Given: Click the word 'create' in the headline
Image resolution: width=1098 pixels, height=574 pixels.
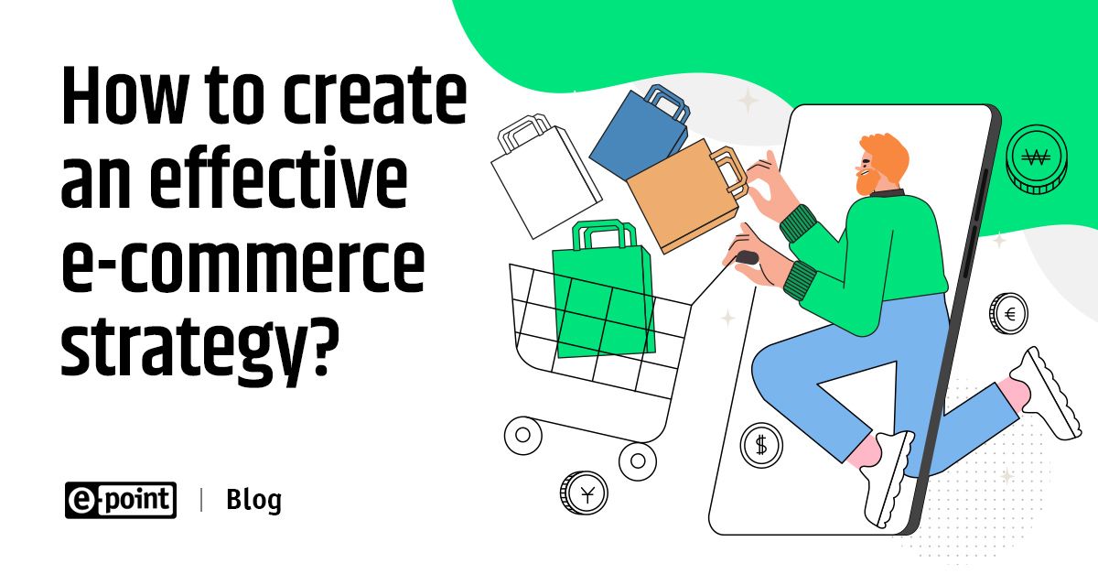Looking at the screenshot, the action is point(375,95).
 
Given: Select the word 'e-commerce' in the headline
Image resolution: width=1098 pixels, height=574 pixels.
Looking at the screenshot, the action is point(243,262).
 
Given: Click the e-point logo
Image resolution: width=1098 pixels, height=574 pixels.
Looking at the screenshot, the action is point(121,500).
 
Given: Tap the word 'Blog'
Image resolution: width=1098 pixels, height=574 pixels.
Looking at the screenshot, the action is point(254,500).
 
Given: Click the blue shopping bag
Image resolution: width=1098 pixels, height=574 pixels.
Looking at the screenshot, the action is point(640,133).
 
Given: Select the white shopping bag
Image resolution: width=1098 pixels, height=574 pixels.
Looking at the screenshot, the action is point(545,177).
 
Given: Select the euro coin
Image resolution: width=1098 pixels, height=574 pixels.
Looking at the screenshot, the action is point(1008,314).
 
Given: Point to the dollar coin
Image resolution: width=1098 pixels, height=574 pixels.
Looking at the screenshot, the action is point(761,446).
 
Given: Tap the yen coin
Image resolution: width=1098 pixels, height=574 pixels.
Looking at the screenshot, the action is point(584,493).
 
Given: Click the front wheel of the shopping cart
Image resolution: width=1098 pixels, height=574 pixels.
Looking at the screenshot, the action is point(523,435).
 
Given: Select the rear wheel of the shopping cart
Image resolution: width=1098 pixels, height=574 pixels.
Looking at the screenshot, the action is point(638,461).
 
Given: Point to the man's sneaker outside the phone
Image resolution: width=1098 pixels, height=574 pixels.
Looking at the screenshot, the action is point(1049,393).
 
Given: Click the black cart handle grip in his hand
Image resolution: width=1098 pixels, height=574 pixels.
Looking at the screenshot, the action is point(747,258).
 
